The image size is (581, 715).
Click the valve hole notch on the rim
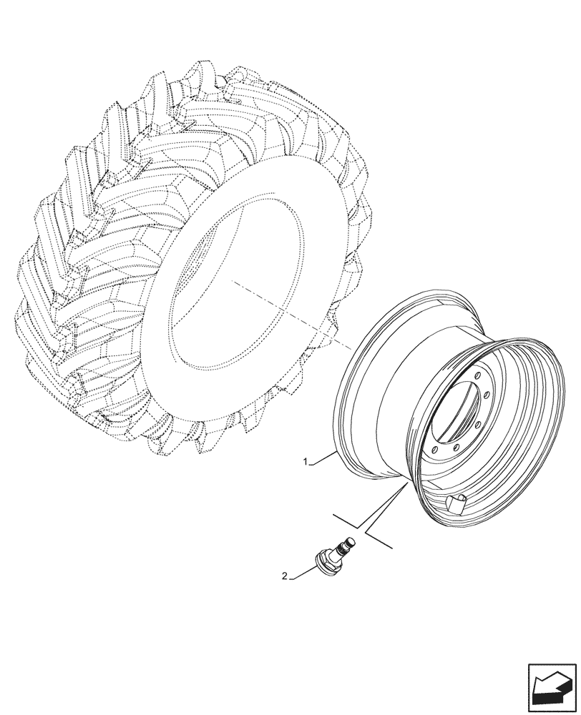click(454, 503)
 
